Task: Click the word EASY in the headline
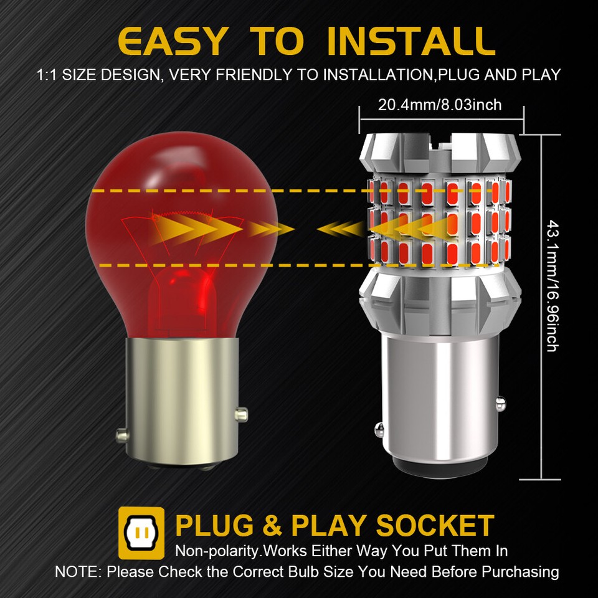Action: pyautogui.click(x=172, y=41)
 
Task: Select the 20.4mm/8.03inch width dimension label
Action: pyautogui.click(x=439, y=105)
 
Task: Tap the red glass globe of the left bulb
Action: pyautogui.click(x=181, y=206)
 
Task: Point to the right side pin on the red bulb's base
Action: pyautogui.click(x=241, y=412)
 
